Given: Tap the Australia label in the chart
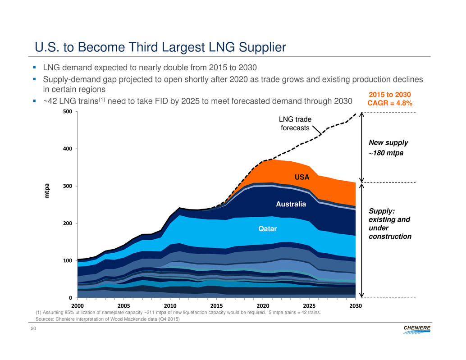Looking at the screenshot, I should [x=291, y=205].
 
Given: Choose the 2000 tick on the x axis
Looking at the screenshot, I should [x=78, y=306].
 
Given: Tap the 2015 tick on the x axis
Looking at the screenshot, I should [x=217, y=306].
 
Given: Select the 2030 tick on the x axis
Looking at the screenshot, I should [x=356, y=306].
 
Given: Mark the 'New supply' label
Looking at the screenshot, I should [x=388, y=143].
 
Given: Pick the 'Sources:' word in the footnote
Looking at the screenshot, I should [x=45, y=319].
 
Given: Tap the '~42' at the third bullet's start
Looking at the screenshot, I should [x=50, y=102].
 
